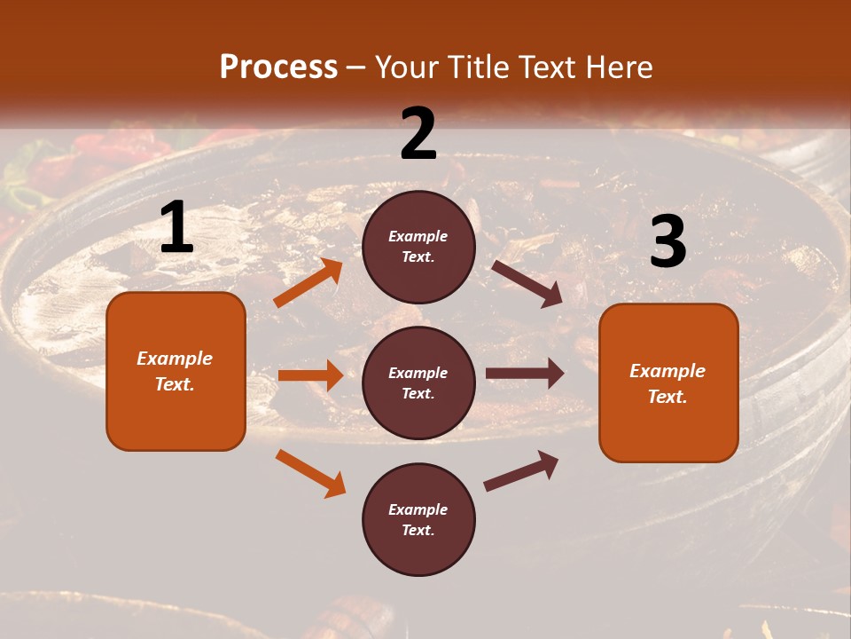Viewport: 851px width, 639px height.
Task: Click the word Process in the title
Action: point(278,67)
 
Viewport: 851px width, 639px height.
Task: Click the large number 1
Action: point(176,228)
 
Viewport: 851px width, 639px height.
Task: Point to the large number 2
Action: point(418,134)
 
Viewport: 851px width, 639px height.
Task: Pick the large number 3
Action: point(668,241)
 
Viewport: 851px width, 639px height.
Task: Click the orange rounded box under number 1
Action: point(176,371)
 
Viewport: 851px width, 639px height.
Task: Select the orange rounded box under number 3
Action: point(668,383)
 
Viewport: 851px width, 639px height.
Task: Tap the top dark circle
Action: point(418,247)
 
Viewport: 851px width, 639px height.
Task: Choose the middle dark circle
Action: point(418,383)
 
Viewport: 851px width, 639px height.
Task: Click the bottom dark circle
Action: point(418,519)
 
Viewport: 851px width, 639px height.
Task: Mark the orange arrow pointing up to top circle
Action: point(308,283)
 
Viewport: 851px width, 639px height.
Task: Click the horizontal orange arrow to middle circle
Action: point(310,375)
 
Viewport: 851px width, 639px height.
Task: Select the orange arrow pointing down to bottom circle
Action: point(310,473)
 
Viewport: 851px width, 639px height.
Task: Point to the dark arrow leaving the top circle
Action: point(527,283)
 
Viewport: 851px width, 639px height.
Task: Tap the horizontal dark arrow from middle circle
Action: point(525,374)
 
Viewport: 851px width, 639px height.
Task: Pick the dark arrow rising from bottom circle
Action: point(521,471)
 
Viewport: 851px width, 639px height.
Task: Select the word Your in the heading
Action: point(407,67)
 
